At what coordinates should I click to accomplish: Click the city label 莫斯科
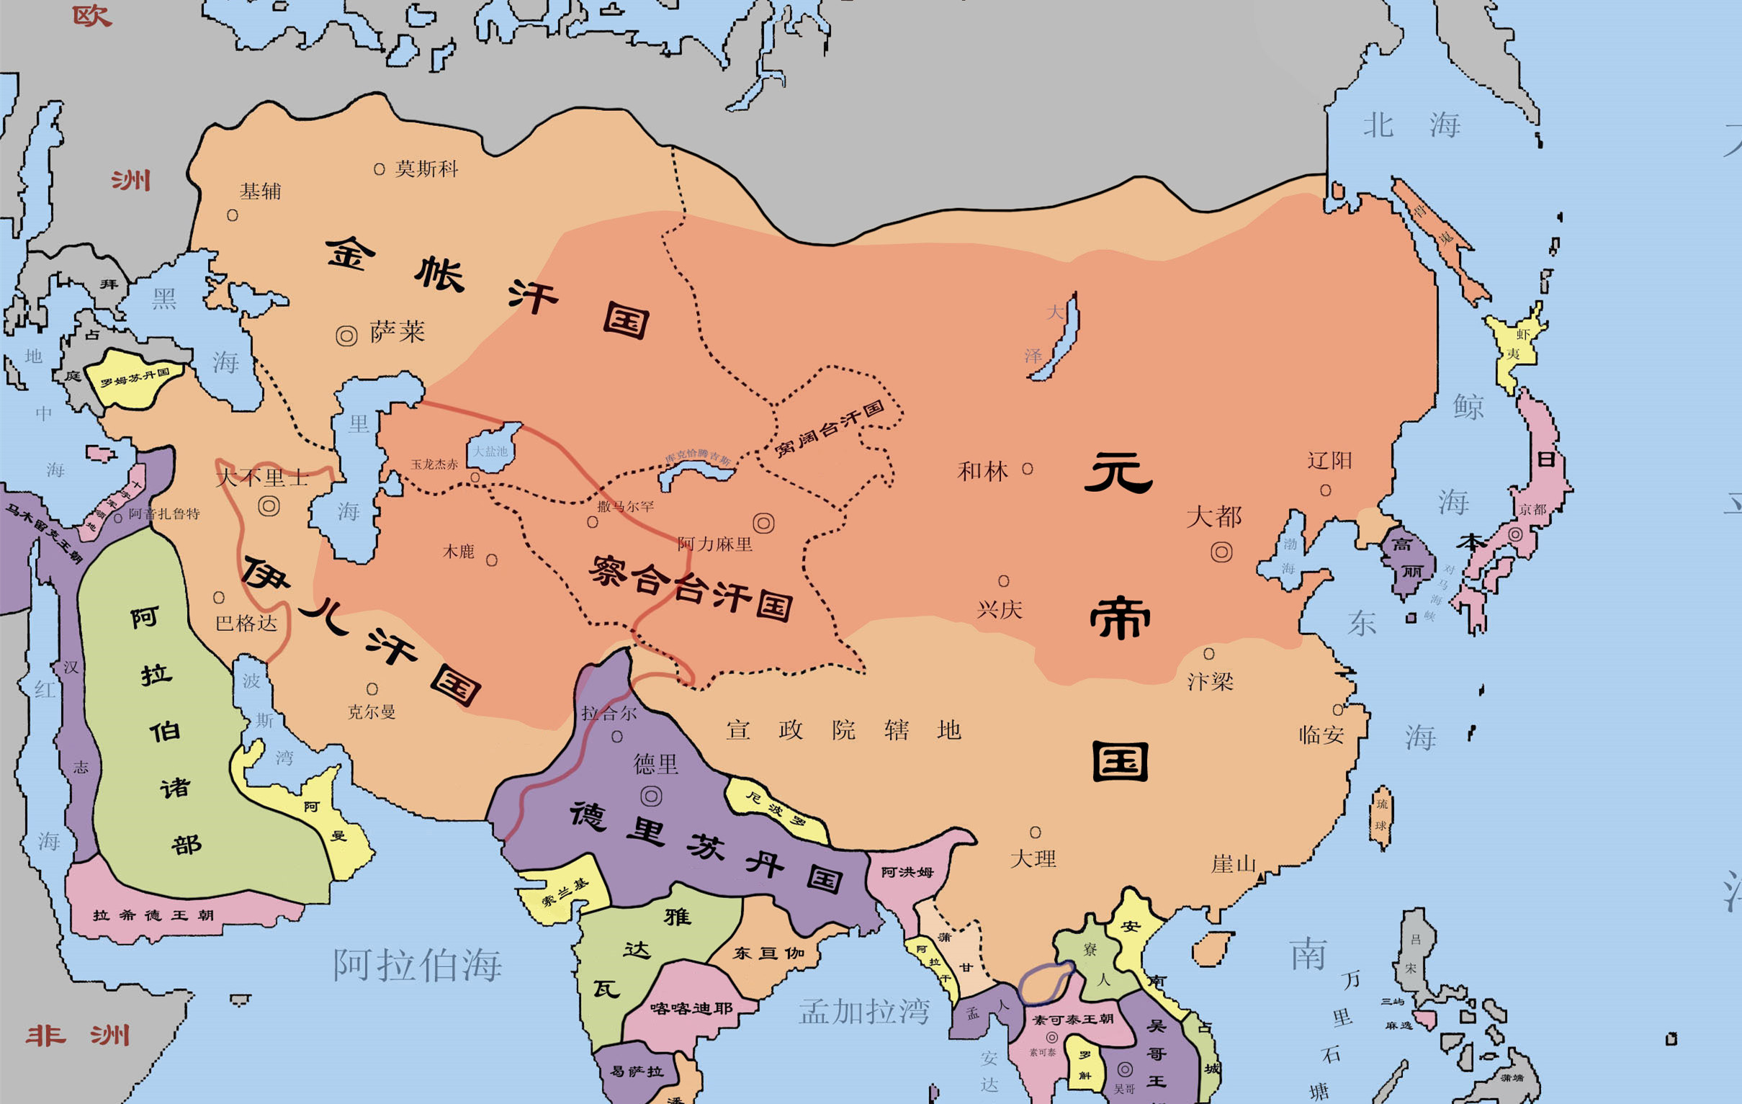(x=426, y=169)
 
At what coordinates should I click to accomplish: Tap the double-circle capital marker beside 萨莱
(x=346, y=336)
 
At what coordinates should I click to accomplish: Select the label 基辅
(x=260, y=191)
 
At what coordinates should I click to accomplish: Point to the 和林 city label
(x=982, y=472)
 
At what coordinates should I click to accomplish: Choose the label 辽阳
(x=1329, y=461)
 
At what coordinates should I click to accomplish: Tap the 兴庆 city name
(x=1000, y=609)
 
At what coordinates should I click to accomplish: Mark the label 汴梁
(x=1211, y=681)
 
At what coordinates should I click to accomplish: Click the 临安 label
(x=1321, y=735)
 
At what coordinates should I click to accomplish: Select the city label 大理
(x=1033, y=858)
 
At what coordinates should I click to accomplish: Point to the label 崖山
(x=1234, y=863)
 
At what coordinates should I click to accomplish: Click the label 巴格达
(x=246, y=623)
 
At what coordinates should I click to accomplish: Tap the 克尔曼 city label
(x=372, y=712)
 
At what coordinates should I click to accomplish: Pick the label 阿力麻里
(x=715, y=543)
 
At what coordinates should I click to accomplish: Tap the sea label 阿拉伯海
(x=418, y=964)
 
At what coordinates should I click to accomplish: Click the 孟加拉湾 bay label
(x=864, y=1011)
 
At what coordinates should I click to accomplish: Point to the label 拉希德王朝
(x=153, y=915)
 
